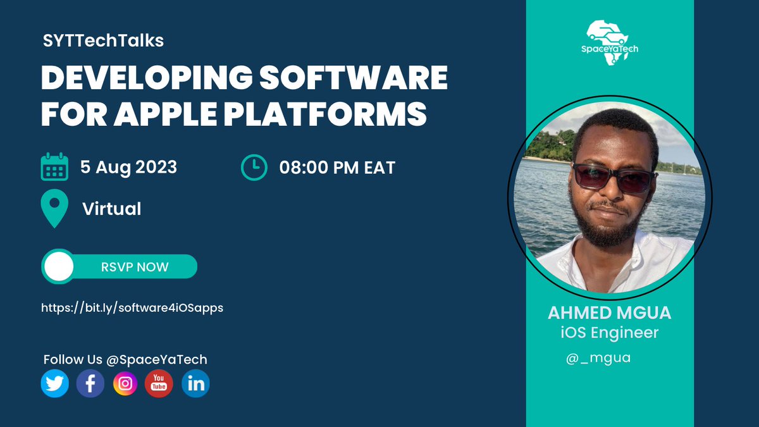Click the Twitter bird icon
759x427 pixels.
55,384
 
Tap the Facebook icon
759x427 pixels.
90,384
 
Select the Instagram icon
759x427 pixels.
125,384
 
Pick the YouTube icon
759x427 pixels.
159,384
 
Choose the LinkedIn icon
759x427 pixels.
195,384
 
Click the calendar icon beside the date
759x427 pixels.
54,167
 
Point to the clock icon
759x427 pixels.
254,167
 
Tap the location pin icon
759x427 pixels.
54,209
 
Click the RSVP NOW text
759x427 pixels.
135,267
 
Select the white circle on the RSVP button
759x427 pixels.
59,267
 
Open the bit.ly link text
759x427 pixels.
132,307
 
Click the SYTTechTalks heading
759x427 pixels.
103,41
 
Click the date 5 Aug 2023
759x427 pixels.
128,167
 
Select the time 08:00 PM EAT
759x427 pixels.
337,168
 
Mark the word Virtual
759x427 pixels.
112,209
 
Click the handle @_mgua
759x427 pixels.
599,358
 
